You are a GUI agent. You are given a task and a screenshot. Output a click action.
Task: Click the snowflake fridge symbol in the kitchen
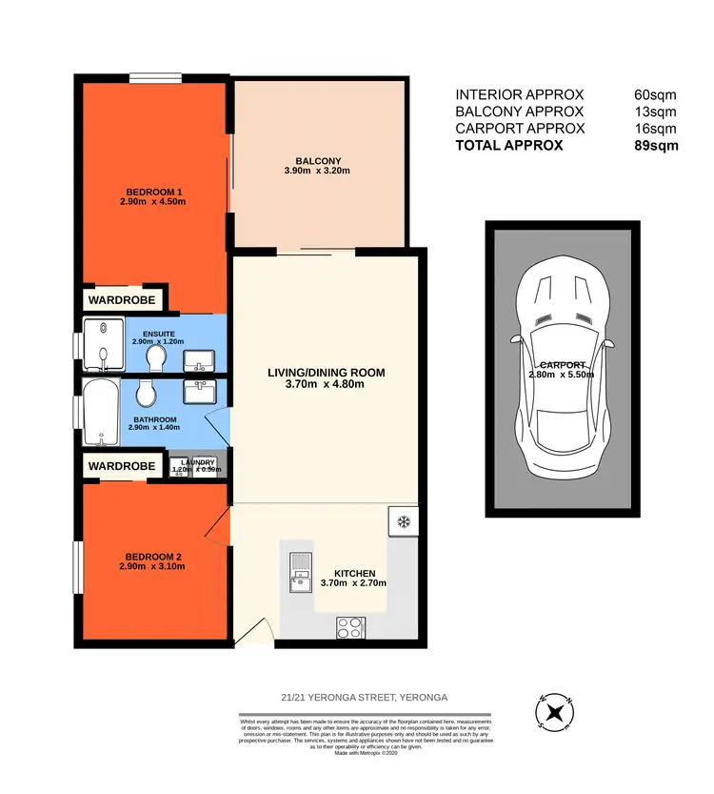[402, 521]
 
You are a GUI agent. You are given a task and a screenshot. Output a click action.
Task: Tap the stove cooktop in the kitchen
[349, 626]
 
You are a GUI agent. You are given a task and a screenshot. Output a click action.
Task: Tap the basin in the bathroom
[202, 393]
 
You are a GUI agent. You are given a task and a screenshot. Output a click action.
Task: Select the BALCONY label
[318, 160]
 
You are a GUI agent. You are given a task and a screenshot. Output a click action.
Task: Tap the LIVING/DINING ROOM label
[326, 373]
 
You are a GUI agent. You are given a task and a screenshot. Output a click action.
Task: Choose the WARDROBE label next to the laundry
[122, 466]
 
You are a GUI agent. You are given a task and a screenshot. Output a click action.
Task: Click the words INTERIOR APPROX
[519, 94]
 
